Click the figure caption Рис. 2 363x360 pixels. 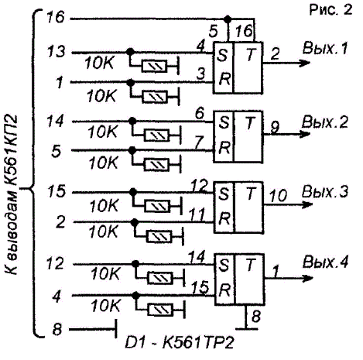point(330,10)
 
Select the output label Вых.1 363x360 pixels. point(325,49)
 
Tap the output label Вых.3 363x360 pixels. point(325,192)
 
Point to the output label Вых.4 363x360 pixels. point(326,262)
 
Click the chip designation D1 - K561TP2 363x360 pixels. point(180,342)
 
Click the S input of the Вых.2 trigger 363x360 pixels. point(224,122)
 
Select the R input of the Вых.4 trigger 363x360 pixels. point(224,291)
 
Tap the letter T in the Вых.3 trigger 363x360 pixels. point(250,194)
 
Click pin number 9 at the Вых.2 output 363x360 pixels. point(276,127)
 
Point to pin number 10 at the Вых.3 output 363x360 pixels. point(278,195)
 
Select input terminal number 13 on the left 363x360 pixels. point(56,52)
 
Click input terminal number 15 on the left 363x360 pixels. point(56,191)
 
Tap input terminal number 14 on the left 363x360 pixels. point(55,121)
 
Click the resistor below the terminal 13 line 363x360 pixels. point(155,67)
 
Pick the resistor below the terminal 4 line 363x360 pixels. point(160,310)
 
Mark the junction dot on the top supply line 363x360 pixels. point(228,19)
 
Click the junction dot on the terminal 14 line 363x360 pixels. point(132,121)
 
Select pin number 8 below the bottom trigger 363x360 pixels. point(256,316)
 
